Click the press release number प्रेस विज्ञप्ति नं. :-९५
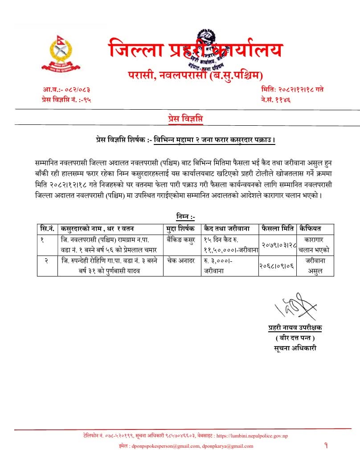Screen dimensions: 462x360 coord(65,99)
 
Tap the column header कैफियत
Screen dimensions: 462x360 coord(311,228)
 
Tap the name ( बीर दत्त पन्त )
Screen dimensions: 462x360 coord(295,338)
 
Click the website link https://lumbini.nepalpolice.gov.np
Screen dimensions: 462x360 coord(255,436)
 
